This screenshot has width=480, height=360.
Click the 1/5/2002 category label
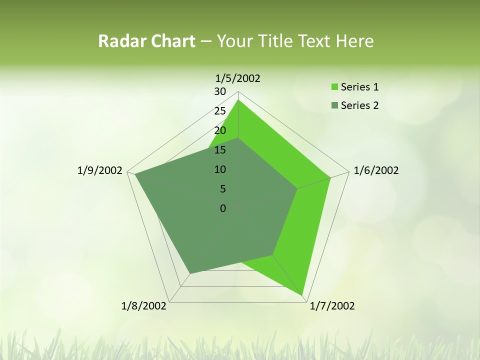coord(238,78)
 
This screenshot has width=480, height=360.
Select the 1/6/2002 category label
coord(376,170)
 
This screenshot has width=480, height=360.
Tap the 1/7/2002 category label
coord(332,306)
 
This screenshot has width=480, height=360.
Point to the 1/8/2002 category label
coord(144,306)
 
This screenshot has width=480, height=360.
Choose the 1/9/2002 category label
coord(100,170)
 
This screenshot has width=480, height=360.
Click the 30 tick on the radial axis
coord(220,91)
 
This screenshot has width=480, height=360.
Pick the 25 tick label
coord(220,111)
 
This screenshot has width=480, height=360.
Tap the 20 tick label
coord(220,130)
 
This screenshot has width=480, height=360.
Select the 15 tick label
coord(220,150)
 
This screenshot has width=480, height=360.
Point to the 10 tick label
coord(220,169)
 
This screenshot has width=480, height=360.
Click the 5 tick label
coord(222,189)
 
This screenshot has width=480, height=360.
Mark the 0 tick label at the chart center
coord(222,208)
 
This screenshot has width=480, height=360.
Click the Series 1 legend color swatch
coord(334,87)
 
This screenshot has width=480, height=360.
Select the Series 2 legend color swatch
coord(334,105)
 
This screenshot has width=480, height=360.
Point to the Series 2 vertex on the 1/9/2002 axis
coord(135,174)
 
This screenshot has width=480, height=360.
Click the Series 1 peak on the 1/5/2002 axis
coord(238,100)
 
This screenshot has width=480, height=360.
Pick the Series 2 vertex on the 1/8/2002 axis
coord(189,273)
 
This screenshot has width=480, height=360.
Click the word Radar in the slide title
coord(118,41)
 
